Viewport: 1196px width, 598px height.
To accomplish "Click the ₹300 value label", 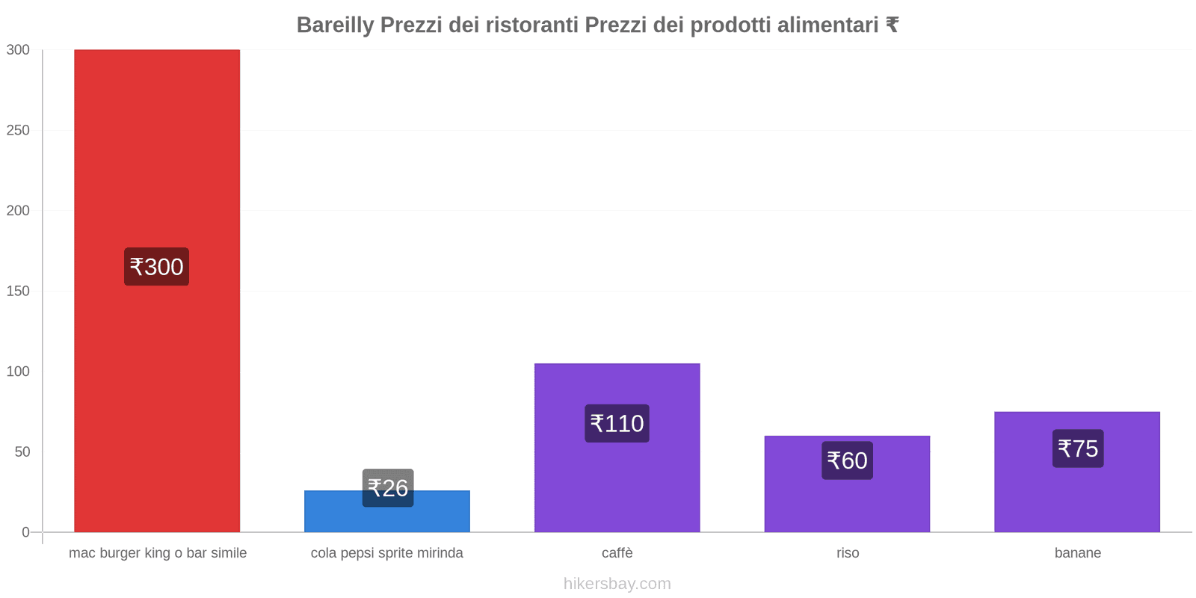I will tap(156, 267).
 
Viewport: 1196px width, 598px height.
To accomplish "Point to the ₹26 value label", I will tap(388, 488).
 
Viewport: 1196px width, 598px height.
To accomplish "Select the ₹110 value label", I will tap(617, 424).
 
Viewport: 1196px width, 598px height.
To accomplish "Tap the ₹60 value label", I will tap(847, 460).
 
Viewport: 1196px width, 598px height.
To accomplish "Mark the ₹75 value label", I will tap(1078, 449).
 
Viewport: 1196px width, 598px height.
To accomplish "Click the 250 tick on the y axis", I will tap(18, 130).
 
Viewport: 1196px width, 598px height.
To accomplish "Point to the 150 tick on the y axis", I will tap(18, 291).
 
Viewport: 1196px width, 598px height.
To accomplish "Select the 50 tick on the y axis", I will tap(22, 451).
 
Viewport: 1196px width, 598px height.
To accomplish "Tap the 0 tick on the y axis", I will tap(26, 532).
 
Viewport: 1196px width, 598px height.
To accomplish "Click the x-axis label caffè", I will tap(617, 553).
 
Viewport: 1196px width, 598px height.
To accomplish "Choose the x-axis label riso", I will tap(848, 553).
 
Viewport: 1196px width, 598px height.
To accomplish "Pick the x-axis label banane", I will tap(1077, 553).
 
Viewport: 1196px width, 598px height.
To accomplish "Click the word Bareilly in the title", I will tap(335, 25).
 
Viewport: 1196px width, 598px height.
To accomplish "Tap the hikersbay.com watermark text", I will tap(617, 584).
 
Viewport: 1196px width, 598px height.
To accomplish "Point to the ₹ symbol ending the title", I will tap(892, 25).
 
